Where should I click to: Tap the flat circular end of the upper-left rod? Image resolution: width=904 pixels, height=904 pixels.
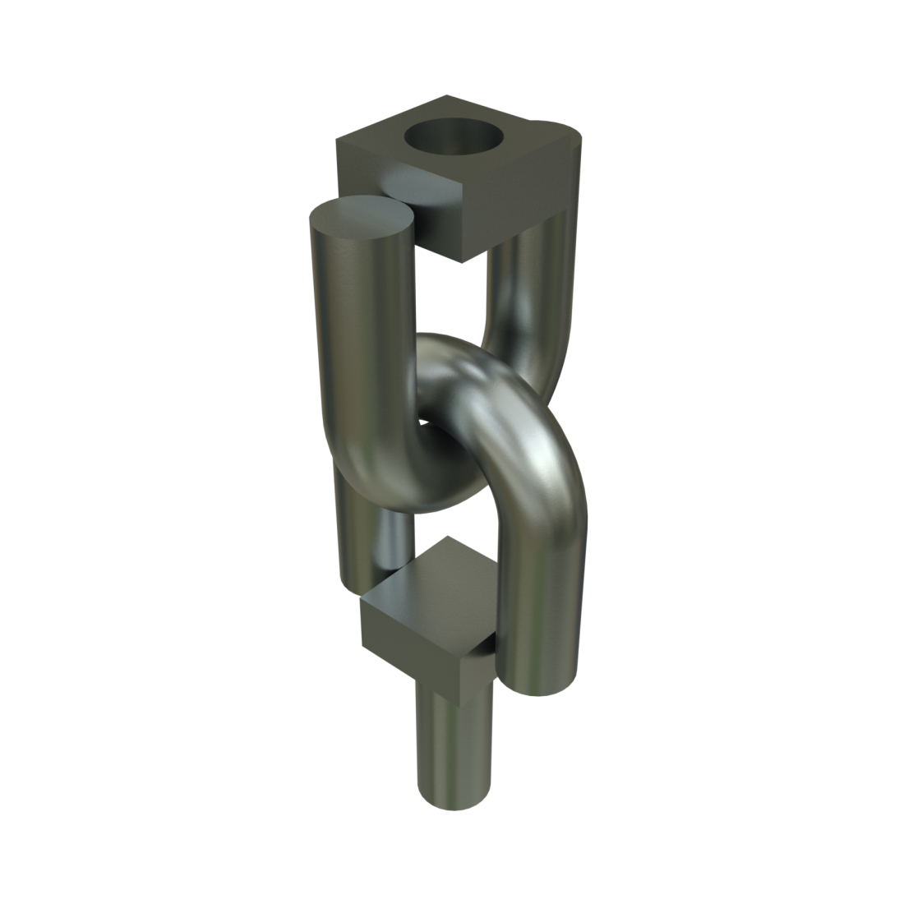coord(361,219)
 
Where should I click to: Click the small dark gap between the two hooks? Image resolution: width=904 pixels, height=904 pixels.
coord(422,422)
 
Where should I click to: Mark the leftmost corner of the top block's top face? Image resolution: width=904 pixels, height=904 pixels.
coord(337,141)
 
